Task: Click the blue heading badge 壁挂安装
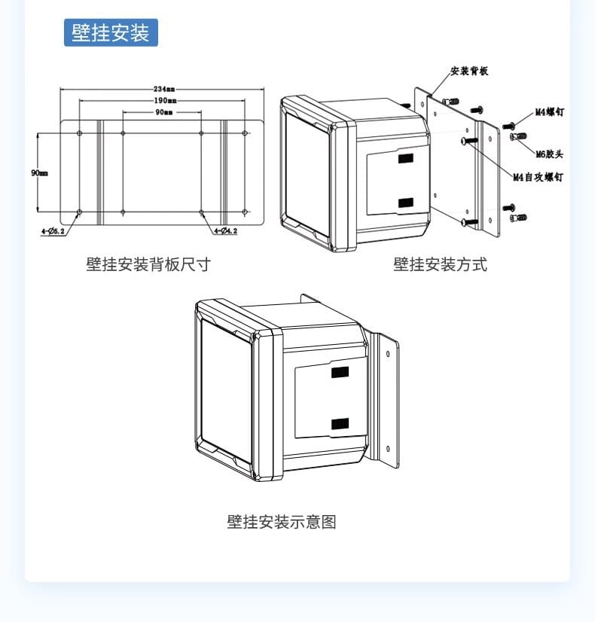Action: point(111,33)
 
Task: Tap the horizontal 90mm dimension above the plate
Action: point(163,112)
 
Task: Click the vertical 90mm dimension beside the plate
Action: point(39,172)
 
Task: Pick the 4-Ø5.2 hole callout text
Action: point(53,231)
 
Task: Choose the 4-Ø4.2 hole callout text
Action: point(225,231)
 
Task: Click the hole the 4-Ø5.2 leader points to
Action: point(80,212)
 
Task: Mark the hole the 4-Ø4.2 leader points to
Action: point(202,212)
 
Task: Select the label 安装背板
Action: point(469,72)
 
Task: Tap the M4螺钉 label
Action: point(550,112)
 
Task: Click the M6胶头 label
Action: point(549,154)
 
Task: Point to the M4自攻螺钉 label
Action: point(538,178)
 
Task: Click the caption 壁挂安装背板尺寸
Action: point(148,264)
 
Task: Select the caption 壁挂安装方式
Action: point(440,264)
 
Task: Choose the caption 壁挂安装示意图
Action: point(281,521)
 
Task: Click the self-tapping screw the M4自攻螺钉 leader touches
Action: point(468,140)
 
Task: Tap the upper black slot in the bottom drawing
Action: point(340,372)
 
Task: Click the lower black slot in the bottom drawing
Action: point(340,424)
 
